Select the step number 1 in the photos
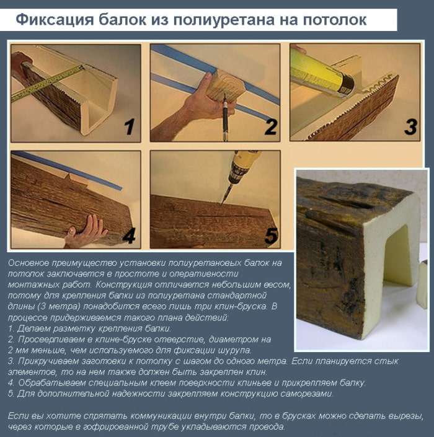tap(130, 127)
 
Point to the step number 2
tap(271, 127)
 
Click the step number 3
tap(410, 127)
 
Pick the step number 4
tap(129, 235)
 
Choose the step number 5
tap(271, 235)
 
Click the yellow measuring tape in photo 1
tap(47, 83)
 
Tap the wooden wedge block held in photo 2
tap(225, 86)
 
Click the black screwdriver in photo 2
tap(225, 117)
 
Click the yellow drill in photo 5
tap(242, 170)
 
